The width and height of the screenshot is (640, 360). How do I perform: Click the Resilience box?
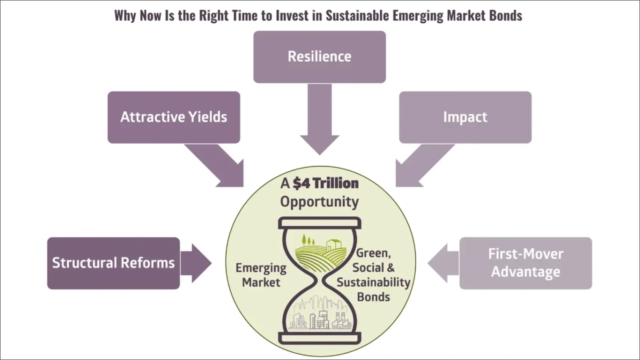click(319, 57)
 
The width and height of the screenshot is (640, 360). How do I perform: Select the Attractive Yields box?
click(173, 117)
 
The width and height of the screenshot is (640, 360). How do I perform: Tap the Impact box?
click(465, 117)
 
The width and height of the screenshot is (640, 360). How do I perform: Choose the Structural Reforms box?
click(113, 263)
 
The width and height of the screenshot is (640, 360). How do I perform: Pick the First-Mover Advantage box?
click(525, 263)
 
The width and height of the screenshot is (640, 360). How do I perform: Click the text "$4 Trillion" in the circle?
click(325, 183)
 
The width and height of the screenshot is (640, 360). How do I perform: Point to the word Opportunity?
click(319, 201)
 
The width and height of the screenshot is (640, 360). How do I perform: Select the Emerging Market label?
click(261, 275)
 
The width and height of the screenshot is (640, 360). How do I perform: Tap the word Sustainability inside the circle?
click(373, 282)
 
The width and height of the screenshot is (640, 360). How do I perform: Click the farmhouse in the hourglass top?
click(332, 244)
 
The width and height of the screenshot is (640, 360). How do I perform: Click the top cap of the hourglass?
click(319, 222)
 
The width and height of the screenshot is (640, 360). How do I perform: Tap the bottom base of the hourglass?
click(319, 338)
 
